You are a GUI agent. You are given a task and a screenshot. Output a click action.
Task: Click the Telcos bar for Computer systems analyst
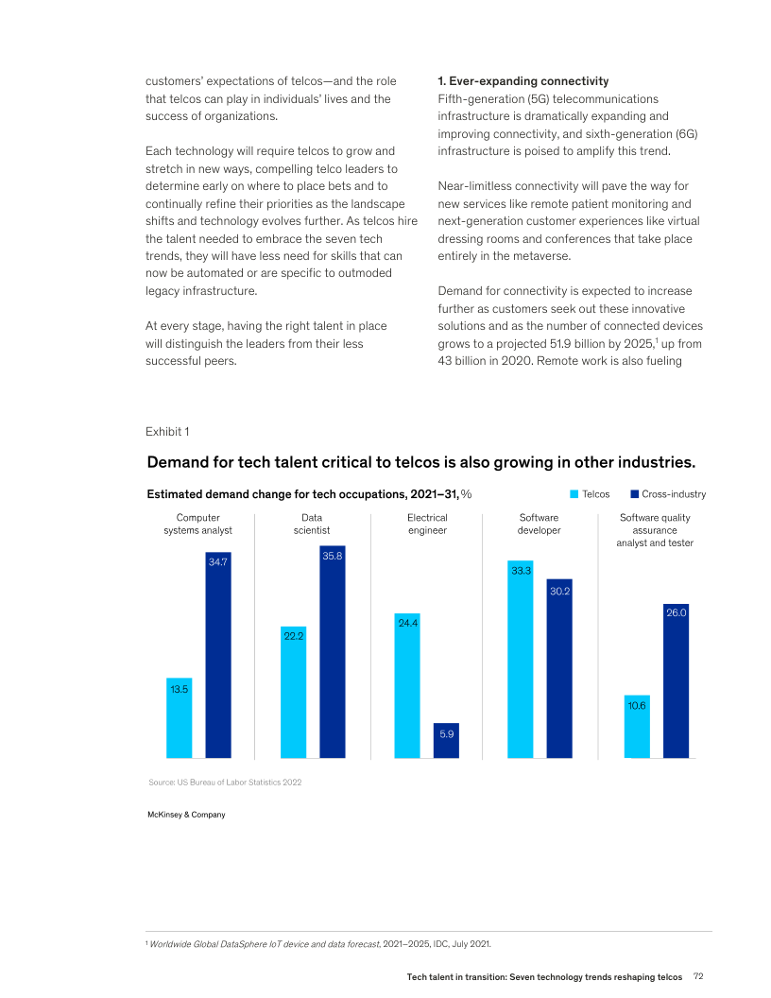[180, 718]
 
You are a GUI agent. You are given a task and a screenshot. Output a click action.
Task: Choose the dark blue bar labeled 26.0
[676, 680]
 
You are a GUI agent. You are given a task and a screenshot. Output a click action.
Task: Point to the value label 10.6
[637, 705]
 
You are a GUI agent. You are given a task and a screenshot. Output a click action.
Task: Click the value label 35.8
[333, 557]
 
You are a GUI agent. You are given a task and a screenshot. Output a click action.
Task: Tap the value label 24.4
[408, 623]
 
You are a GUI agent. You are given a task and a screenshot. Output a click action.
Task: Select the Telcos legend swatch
[574, 494]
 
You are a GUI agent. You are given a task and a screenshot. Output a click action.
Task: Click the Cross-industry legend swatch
[635, 494]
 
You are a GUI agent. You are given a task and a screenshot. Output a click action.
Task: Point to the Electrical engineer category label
[427, 524]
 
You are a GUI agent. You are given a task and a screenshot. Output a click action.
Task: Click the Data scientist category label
[312, 524]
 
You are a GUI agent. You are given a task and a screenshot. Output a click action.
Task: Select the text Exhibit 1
[167, 432]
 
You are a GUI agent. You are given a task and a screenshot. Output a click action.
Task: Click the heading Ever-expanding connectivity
[527, 81]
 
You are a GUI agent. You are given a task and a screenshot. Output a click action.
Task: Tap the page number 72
[699, 975]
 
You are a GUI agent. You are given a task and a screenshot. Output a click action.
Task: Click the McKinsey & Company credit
[186, 814]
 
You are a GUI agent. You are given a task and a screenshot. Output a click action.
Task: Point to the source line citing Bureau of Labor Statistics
[225, 783]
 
